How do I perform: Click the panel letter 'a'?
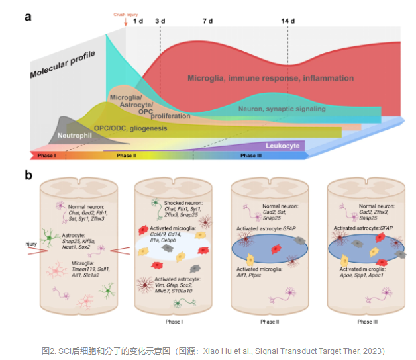click(28, 16)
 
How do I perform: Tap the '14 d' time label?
click(288, 21)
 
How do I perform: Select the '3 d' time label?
click(160, 21)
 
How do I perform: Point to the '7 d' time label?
click(207, 21)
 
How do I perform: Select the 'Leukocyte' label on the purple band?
click(283, 145)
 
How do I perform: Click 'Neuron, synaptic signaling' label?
click(282, 109)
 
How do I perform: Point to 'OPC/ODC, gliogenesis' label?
click(130, 128)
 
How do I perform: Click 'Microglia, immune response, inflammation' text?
click(270, 78)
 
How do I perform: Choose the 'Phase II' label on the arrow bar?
click(126, 156)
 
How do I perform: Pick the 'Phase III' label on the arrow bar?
click(251, 156)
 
